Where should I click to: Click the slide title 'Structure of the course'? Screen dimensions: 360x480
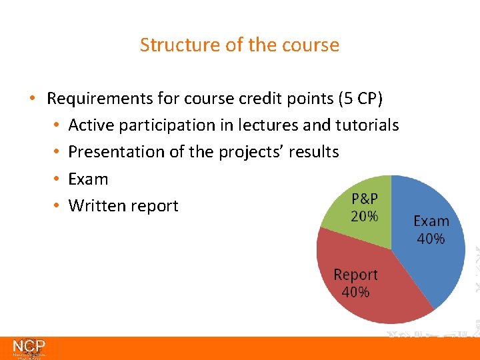239,45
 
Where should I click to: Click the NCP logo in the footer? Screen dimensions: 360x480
29,348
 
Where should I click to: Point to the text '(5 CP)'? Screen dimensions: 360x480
360,99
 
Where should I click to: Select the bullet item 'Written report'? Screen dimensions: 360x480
123,205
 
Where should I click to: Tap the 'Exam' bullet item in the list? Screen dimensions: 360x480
88,179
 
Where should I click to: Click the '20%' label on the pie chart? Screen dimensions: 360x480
364,216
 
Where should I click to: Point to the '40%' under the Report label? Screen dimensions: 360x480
355,292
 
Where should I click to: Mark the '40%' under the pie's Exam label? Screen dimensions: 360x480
431,239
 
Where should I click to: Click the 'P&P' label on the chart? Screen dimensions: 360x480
364,199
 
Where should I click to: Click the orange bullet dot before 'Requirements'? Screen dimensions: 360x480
32,99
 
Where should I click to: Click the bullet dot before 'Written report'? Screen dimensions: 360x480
57,205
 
